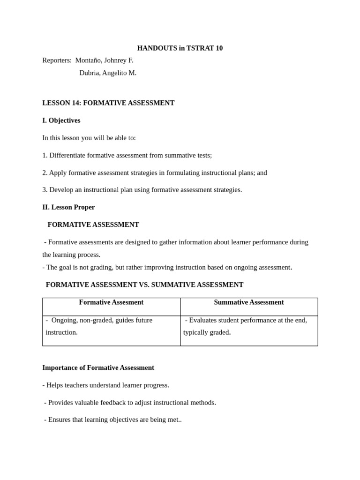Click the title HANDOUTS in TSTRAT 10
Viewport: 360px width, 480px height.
[x=180, y=48]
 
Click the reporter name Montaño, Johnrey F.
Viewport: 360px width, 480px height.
[x=104, y=60]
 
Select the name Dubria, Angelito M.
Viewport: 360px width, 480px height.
[x=108, y=73]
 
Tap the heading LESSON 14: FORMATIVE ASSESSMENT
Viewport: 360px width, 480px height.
[x=108, y=103]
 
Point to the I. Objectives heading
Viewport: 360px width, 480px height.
[x=61, y=120]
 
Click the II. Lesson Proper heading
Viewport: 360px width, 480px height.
[x=68, y=207]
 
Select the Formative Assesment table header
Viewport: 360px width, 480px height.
[x=111, y=302]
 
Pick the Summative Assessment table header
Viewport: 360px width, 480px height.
[x=248, y=302]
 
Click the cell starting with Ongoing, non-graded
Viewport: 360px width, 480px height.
[x=99, y=326]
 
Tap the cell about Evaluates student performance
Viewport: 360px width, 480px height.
[x=245, y=326]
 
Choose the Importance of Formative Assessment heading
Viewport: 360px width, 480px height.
[x=98, y=367]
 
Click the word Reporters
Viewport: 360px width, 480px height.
[x=57, y=60]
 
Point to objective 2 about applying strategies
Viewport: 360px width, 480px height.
[x=155, y=172]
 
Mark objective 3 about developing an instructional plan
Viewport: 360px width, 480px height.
[x=142, y=190]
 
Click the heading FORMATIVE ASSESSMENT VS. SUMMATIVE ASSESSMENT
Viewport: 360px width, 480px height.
[x=144, y=285]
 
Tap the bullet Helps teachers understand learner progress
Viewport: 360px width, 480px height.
[x=105, y=385]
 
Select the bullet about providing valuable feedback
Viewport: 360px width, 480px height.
[x=130, y=402]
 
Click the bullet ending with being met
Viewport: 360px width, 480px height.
[x=112, y=420]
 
